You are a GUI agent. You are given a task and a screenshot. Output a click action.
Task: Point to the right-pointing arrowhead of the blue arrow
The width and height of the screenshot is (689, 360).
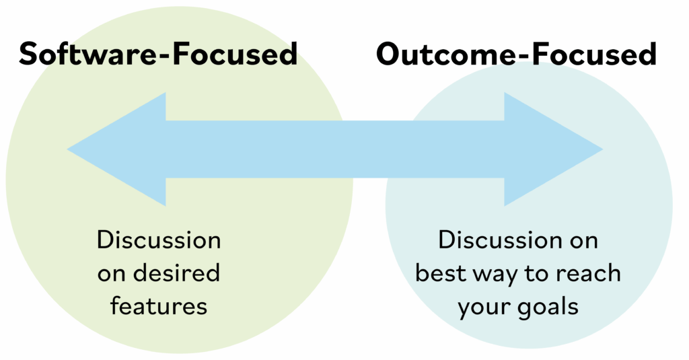coord(552,149)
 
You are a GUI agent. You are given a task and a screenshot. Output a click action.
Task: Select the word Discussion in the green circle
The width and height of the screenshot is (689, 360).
coord(159,240)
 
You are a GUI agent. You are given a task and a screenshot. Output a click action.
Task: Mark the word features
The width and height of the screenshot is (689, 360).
coord(159,306)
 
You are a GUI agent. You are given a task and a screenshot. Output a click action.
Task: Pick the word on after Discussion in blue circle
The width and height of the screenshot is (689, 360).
coord(583,240)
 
